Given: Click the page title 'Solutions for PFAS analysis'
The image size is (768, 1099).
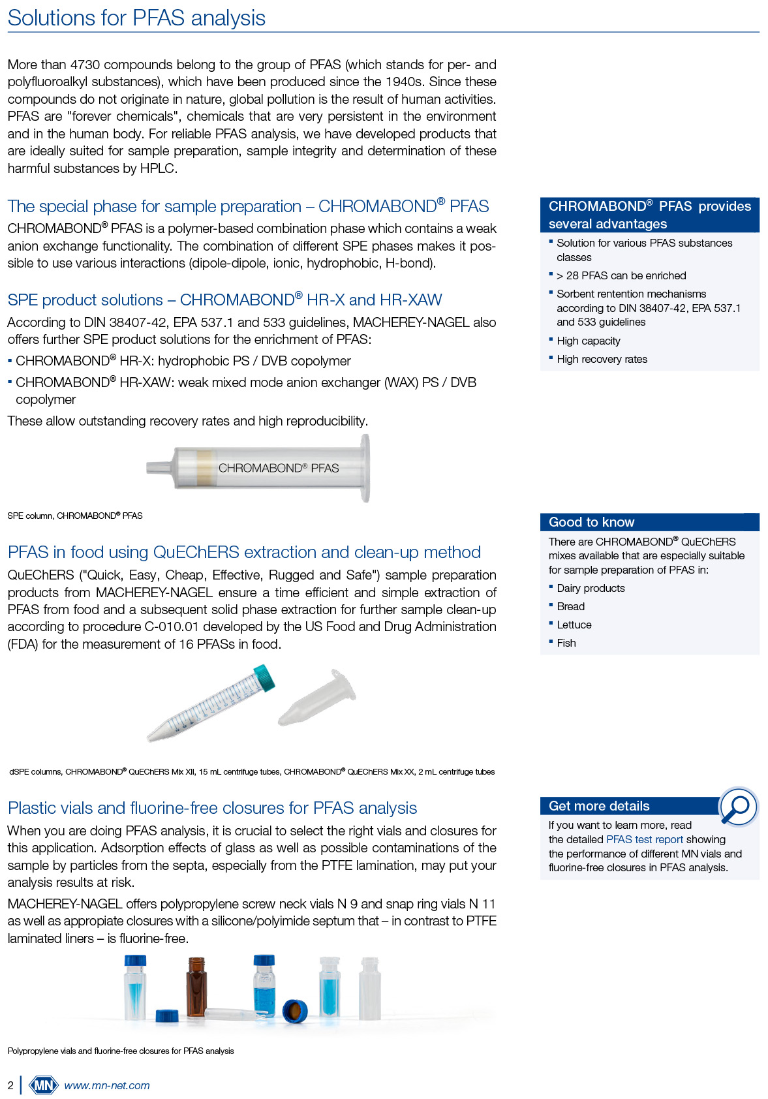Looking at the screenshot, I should pos(136,18).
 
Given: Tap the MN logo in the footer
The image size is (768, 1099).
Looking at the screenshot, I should pos(43,1085).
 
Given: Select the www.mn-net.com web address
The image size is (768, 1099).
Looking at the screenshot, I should pos(107,1085).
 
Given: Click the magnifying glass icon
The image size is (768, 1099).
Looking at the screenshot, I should pos(738,807).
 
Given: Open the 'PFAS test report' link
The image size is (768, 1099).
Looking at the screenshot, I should pos(645,839).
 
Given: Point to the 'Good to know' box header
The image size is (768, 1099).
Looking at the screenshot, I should pos(591,522).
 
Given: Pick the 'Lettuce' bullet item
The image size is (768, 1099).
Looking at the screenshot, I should pos(574,625).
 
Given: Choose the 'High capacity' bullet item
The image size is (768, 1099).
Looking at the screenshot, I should pos(589,341).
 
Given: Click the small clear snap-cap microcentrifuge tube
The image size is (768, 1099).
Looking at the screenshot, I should pos(318,697).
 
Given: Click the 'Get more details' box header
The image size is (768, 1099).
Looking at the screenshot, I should pos(599,806).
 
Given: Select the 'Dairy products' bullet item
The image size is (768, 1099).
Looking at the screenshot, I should pos(591,588).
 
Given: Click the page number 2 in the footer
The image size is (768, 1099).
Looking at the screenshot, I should pos(10,1085).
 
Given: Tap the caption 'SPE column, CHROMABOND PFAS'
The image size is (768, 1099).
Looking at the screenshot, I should pos(75,516).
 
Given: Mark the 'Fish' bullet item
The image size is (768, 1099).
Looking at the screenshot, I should pos(566,643).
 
